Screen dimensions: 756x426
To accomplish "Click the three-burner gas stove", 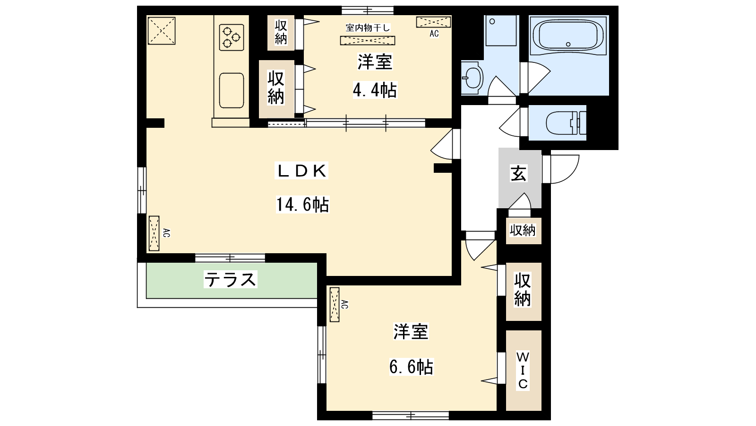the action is (232, 37).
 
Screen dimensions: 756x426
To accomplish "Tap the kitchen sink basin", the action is (232, 90).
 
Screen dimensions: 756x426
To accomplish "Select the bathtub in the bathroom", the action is (569, 35).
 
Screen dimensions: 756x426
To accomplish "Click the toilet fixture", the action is (566, 123).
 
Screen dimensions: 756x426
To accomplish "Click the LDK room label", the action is (301, 171).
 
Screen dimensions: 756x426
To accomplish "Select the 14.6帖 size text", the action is (302, 204).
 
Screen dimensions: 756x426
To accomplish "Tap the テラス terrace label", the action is (231, 279).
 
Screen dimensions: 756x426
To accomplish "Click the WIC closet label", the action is (523, 370).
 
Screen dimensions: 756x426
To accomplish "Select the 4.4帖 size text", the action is (375, 90).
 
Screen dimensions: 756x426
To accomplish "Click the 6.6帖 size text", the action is (411, 367).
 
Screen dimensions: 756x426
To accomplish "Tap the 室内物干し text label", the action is (368, 28).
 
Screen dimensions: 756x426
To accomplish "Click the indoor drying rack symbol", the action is (368, 41).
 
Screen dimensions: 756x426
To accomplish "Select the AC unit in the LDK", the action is (154, 233).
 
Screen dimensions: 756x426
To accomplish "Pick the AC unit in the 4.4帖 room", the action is (433, 22).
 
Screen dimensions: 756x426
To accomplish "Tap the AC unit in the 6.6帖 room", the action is (335, 305).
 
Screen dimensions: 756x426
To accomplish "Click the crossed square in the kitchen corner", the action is (162, 31).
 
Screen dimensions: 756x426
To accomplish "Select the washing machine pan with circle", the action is (501, 30).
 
